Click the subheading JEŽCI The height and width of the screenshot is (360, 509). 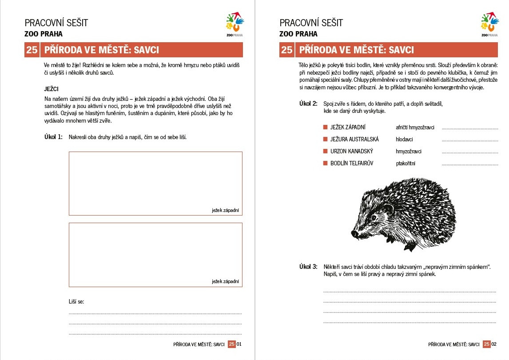point(52,89)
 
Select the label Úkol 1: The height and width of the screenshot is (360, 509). point(53,137)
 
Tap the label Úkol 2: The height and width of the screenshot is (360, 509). point(308,104)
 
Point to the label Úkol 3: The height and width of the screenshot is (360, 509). point(308,267)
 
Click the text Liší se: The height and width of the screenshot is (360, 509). point(76,302)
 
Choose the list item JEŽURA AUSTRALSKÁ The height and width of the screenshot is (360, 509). point(354,140)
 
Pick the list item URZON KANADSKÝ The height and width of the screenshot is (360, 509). point(352,152)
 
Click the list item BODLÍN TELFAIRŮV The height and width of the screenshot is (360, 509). point(352,164)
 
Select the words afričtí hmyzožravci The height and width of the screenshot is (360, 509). point(415,128)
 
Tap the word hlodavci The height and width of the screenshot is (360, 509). point(405,140)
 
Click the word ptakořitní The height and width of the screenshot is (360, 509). point(406,164)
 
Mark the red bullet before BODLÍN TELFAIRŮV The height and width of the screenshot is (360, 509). point(326,164)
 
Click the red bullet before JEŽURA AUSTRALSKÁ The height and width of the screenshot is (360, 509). point(326,140)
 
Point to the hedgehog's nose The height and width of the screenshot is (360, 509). point(355,233)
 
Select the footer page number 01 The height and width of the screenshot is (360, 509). point(239,344)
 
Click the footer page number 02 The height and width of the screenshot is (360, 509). point(494,344)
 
